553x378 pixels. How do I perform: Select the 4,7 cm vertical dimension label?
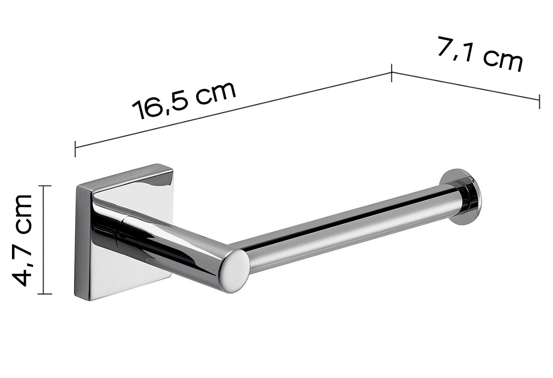pos(22,240)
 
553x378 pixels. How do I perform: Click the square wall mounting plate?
pos(124,232)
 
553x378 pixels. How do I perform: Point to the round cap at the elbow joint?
pos(235,271)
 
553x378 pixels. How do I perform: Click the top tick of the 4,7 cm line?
pos(44,186)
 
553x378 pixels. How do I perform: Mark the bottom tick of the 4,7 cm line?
pos(44,294)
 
